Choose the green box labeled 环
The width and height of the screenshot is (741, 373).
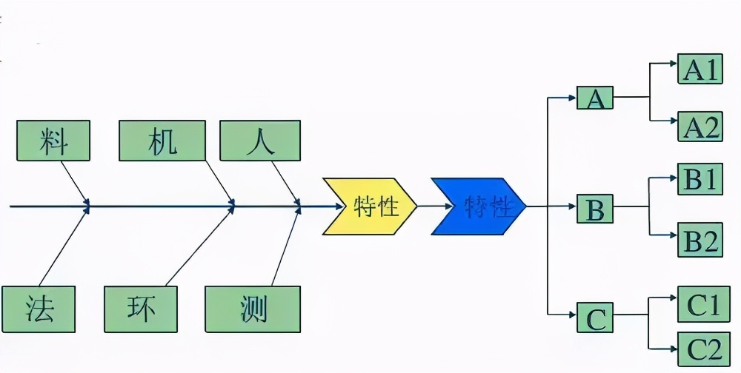(141, 308)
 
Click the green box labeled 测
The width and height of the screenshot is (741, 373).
(253, 308)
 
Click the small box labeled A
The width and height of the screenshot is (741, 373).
(595, 98)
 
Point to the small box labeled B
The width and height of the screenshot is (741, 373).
(595, 209)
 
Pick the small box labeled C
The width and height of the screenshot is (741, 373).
(595, 319)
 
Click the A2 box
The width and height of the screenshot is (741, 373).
(700, 127)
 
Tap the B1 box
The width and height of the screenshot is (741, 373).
(700, 179)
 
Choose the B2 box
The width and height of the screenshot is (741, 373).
(700, 241)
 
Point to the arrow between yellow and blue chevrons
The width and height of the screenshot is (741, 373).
(424, 206)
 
